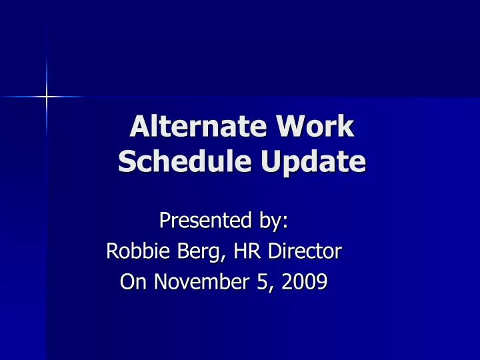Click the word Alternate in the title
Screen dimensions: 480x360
[x=198, y=126]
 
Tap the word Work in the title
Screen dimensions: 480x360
[x=315, y=126]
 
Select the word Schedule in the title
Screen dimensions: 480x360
[x=185, y=161]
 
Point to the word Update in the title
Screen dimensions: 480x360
[x=313, y=163]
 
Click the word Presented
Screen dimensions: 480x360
[x=205, y=220]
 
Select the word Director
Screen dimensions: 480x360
[x=305, y=251]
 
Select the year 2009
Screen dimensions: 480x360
[x=304, y=281]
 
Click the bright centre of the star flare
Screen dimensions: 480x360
[x=47, y=97]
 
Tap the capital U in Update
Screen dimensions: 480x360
[x=271, y=161]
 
